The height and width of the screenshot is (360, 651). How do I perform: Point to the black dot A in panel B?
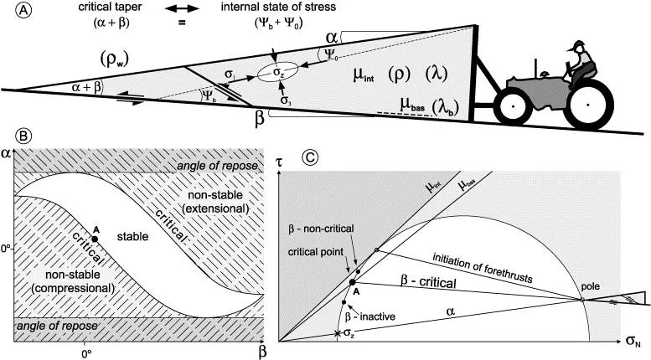point(95,239)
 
